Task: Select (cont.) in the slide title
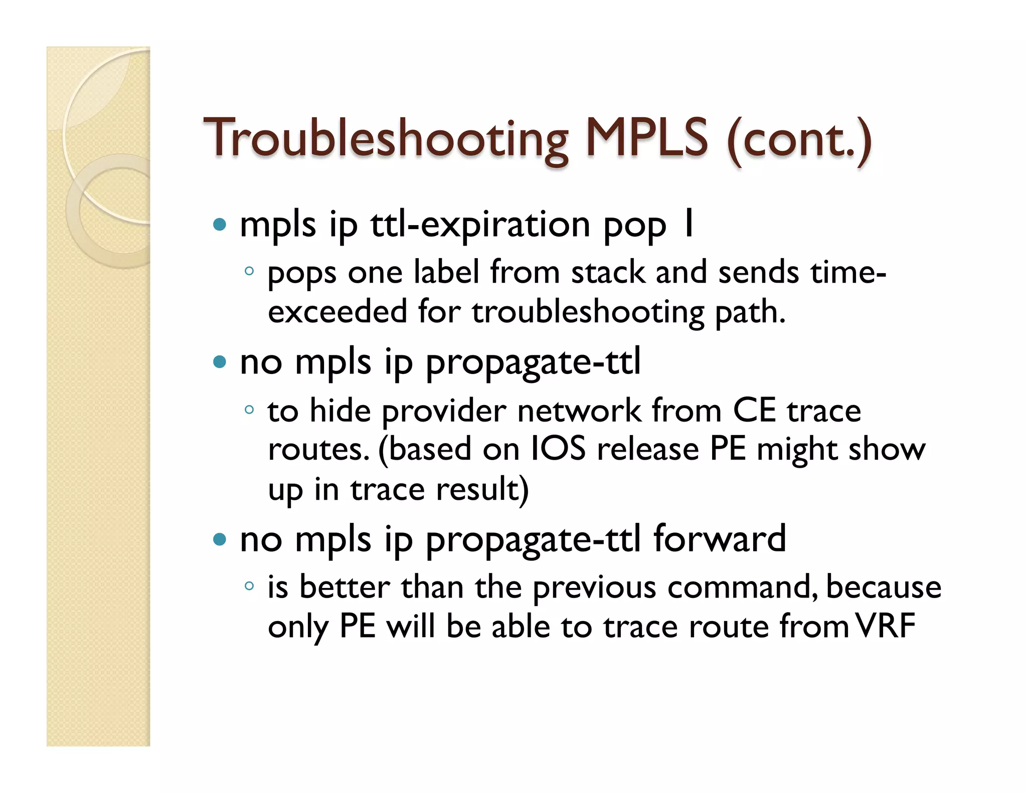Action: [x=799, y=139]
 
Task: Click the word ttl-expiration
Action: [x=480, y=225]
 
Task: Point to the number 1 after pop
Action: [x=689, y=224]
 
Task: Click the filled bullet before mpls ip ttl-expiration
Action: [x=220, y=224]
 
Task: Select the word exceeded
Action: [x=337, y=312]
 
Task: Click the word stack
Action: [x=608, y=273]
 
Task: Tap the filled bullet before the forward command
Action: [x=220, y=540]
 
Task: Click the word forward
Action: [x=719, y=539]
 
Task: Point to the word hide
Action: [x=340, y=411]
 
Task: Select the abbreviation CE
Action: [x=754, y=411]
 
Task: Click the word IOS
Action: [x=558, y=449]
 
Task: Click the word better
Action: [x=345, y=587]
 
